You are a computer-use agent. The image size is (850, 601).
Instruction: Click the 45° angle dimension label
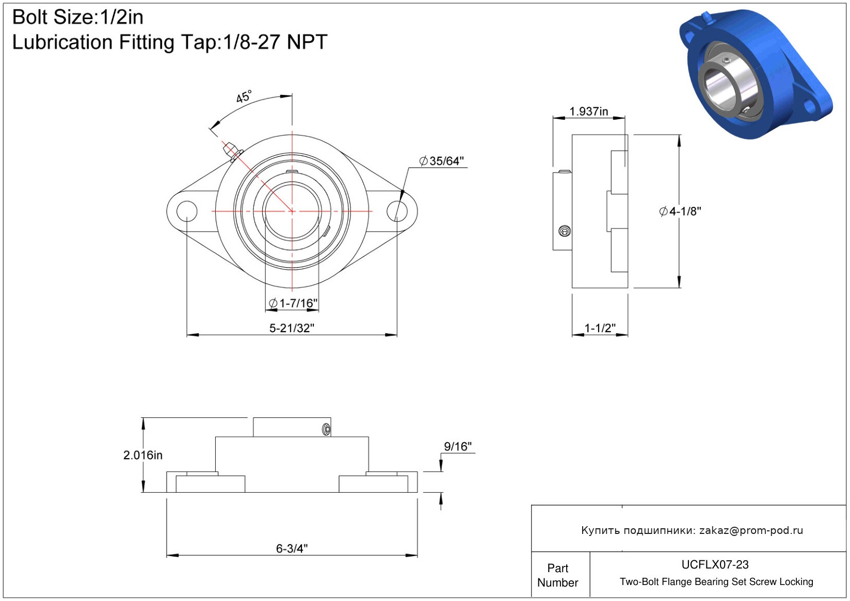[x=244, y=97]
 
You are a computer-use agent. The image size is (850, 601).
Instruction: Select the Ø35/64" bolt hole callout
[x=441, y=161]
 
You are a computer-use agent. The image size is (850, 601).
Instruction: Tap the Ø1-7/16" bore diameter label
[x=293, y=303]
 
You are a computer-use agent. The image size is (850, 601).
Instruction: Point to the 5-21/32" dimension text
[x=292, y=328]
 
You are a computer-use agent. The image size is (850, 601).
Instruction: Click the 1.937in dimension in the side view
[x=588, y=111]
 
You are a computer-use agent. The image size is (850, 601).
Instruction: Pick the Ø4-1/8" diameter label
[x=680, y=212]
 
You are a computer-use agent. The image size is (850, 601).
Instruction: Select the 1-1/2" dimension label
[x=600, y=328]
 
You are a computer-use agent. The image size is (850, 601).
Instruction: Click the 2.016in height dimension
[x=142, y=455]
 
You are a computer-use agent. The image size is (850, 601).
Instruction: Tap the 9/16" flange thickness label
[x=458, y=447]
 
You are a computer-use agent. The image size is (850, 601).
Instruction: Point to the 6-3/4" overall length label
[x=292, y=548]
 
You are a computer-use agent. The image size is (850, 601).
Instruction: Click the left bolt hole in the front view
[x=187, y=211]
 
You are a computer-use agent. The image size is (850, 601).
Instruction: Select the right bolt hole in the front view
[x=397, y=211]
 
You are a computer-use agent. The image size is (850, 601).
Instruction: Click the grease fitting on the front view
[x=232, y=151]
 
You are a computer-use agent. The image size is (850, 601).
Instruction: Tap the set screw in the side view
[x=565, y=231]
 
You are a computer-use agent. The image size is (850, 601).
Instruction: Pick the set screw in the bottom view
[x=326, y=429]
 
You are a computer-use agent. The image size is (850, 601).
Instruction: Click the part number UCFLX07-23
[x=715, y=564]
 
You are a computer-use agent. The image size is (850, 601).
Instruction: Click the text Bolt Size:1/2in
[x=78, y=17]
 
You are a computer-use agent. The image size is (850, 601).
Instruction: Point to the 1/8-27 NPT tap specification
[x=275, y=42]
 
